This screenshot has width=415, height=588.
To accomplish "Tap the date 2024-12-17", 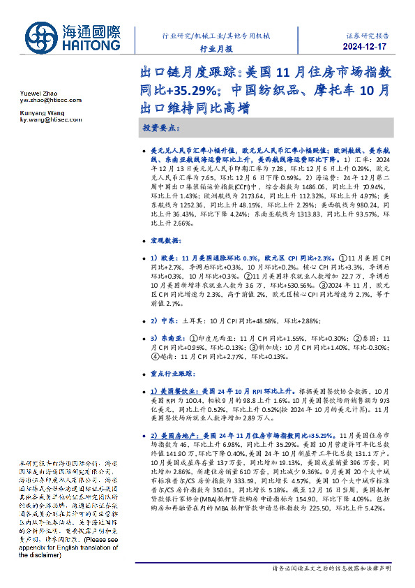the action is (368, 47).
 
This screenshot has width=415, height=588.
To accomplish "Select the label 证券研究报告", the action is (368, 34).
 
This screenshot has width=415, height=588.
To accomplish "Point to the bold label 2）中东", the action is (165, 321).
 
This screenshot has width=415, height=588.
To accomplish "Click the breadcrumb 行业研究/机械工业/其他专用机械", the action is (215, 34).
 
